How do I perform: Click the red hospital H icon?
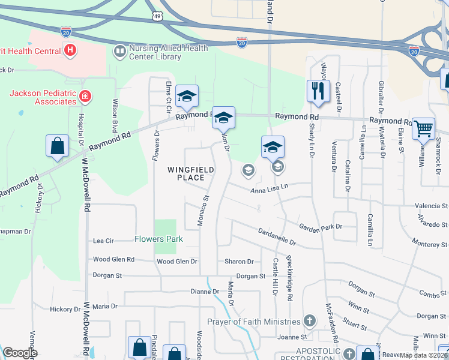pos(70,50)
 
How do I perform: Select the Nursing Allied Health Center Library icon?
pos(119,52)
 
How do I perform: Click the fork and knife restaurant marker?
pos(318,91)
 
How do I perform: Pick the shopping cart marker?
pos(424,128)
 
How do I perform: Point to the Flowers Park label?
pos(158,239)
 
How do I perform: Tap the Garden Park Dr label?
pos(321,226)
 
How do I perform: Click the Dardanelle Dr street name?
pos(277,236)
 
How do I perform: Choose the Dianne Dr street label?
pos(204,292)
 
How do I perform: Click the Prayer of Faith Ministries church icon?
pos(310,321)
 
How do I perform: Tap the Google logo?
pos(20,353)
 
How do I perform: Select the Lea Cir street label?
pos(103,241)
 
